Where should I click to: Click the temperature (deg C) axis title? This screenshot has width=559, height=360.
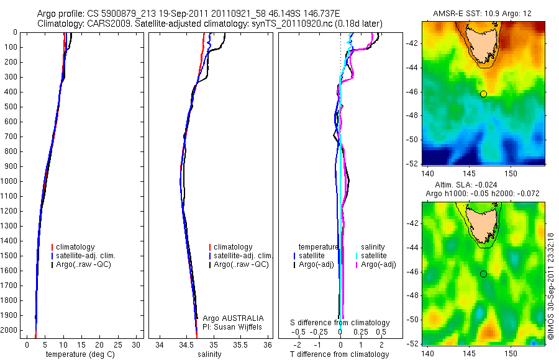[79, 354]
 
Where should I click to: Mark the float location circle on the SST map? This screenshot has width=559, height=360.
[483, 94]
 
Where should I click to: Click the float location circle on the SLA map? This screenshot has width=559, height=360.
[483, 274]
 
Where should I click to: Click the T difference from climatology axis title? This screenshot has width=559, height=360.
[339, 354]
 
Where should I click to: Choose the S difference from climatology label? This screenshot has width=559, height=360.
[340, 323]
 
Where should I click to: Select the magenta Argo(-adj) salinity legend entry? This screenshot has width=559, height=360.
[378, 265]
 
